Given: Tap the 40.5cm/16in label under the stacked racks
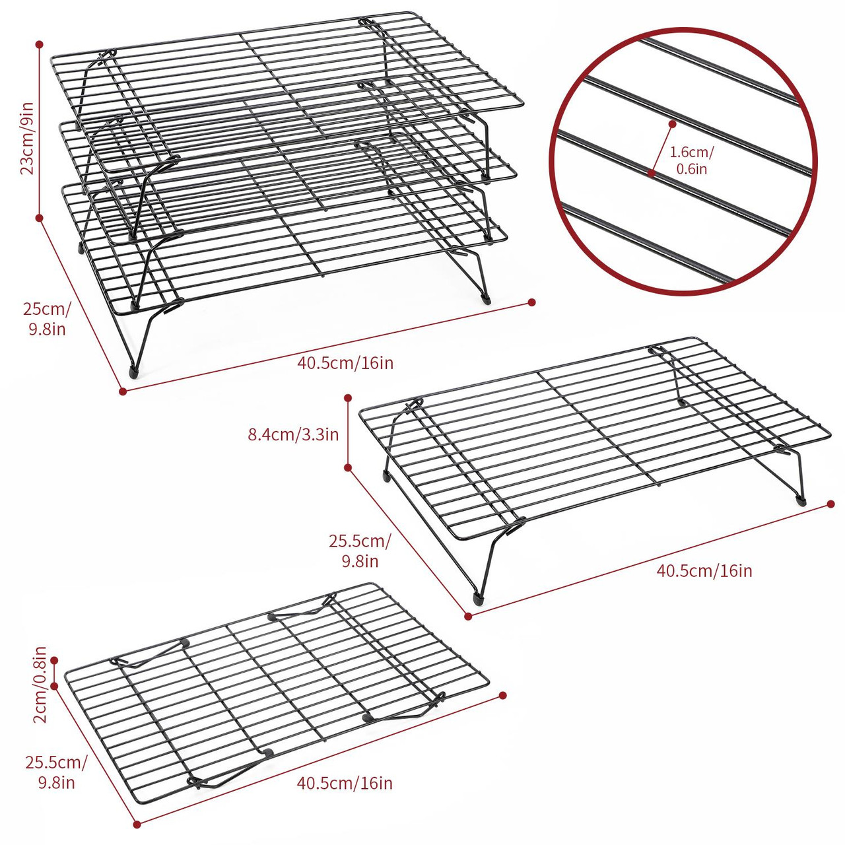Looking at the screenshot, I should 345,362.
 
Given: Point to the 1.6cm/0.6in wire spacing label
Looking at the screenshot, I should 691,160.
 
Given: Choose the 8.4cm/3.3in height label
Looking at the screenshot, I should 293,434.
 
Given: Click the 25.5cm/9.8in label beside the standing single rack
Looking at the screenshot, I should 360,551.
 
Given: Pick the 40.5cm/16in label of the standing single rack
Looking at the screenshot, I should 704,570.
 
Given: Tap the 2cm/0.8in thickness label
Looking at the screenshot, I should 40,685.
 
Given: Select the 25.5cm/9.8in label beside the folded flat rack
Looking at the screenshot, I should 56,772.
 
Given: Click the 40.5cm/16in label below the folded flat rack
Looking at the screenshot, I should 345,783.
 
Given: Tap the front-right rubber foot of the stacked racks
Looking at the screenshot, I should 487,298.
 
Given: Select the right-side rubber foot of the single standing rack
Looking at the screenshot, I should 801,500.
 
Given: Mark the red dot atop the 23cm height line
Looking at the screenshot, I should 40,44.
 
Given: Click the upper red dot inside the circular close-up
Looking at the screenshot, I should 672,123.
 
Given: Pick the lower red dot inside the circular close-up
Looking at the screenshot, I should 651,173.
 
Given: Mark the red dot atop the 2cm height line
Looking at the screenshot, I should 55,659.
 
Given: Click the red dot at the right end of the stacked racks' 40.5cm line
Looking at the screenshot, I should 532,302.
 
